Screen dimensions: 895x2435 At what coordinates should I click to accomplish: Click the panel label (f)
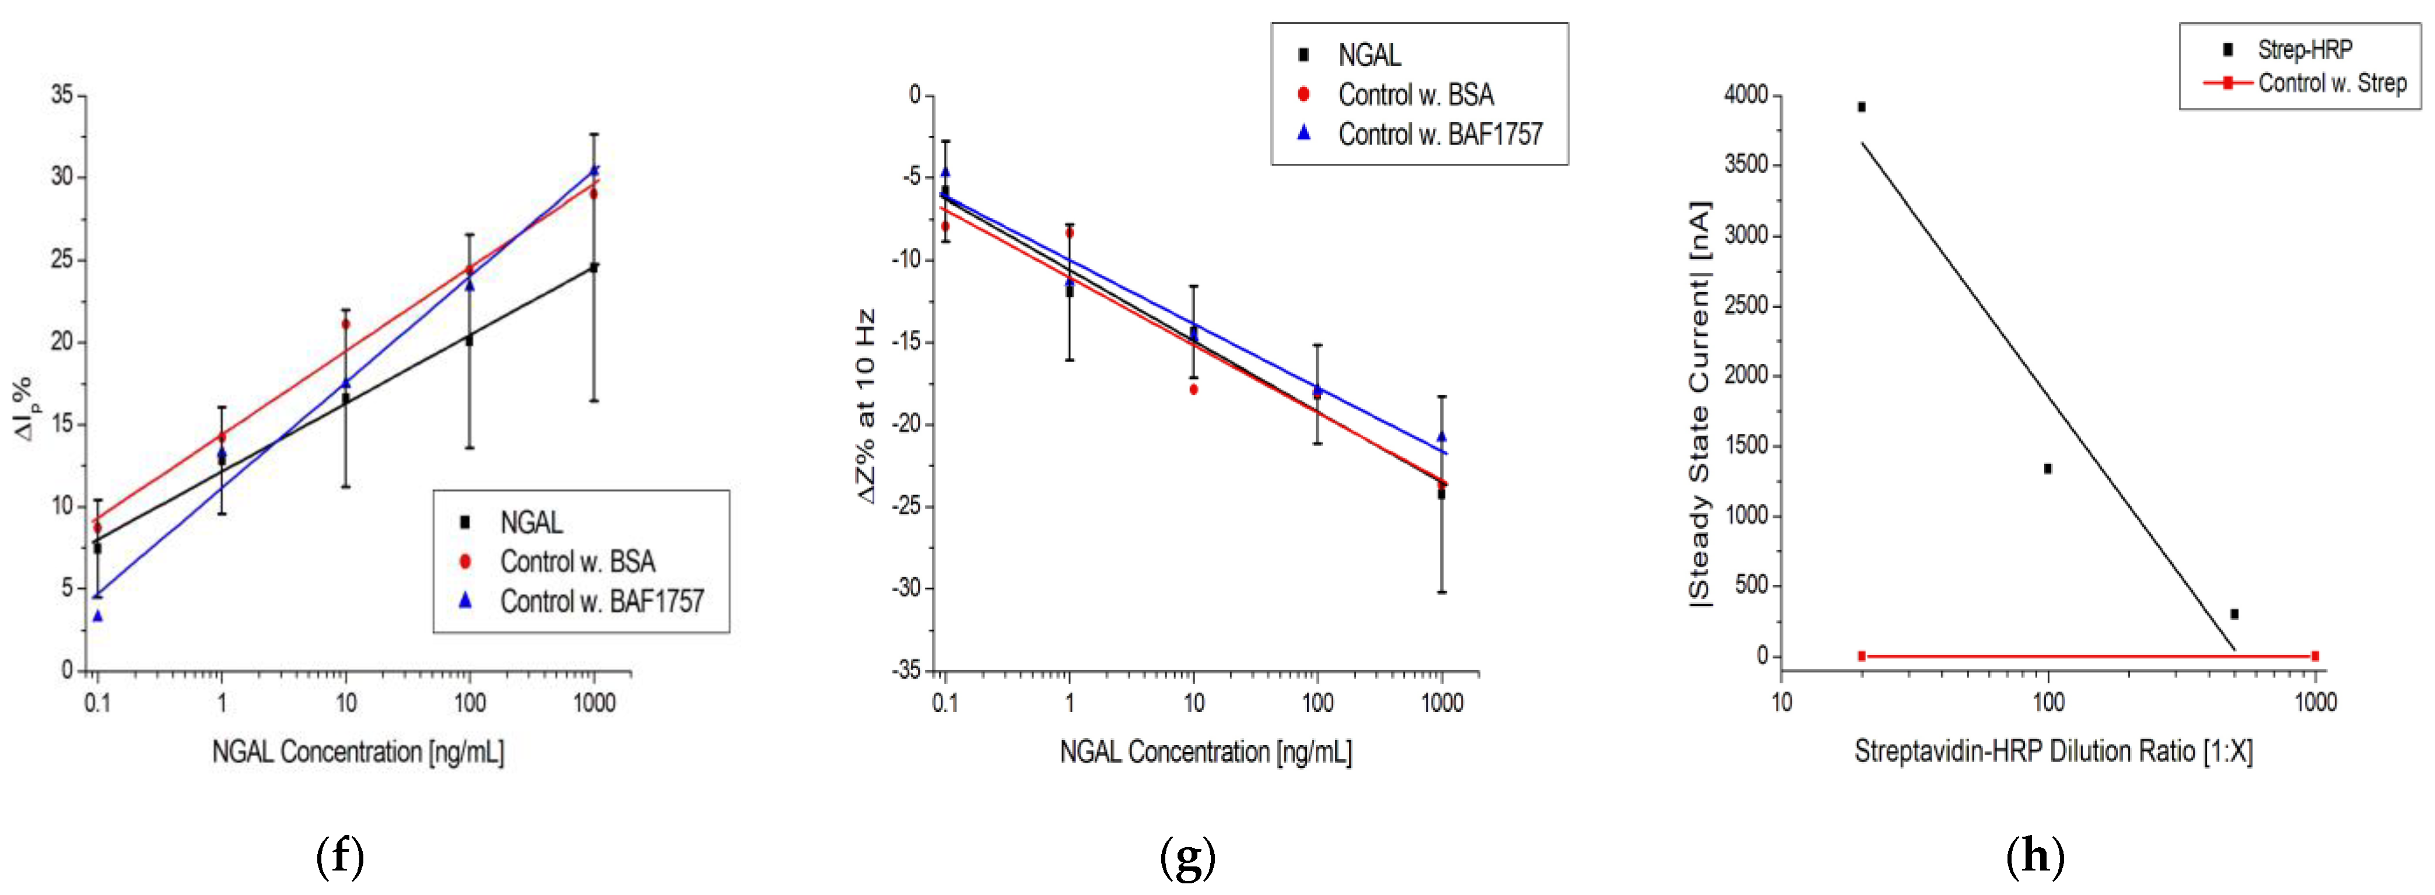coord(339,857)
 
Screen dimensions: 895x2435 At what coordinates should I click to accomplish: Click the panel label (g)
coord(1187,857)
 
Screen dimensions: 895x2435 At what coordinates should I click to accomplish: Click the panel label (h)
coord(2035,857)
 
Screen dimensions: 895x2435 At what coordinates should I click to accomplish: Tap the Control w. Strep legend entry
coord(2331,83)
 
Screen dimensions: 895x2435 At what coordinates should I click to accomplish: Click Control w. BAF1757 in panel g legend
coord(1439,134)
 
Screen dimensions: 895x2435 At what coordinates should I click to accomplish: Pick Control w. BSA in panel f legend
coord(577,561)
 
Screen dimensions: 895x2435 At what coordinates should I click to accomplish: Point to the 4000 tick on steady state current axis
coord(1745,94)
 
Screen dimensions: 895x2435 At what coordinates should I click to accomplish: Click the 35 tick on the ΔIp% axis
coord(61,94)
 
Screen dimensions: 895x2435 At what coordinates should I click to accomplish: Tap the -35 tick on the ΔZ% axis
coord(905,670)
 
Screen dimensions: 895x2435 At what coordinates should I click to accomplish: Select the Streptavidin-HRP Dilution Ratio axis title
coord(2053,752)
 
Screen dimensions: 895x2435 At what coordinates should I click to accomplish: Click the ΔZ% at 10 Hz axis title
coord(866,406)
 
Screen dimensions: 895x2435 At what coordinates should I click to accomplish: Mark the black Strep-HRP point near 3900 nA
coord(1861,107)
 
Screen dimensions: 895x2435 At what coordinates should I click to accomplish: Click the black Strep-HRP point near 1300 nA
coord(2048,469)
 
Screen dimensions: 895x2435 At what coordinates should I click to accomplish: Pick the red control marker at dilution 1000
coord(2315,656)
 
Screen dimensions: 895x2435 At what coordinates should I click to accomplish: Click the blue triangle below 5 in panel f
coord(97,616)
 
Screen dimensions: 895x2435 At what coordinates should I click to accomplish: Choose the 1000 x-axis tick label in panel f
coord(594,703)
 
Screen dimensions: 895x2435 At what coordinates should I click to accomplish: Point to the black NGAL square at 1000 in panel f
coord(594,268)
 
